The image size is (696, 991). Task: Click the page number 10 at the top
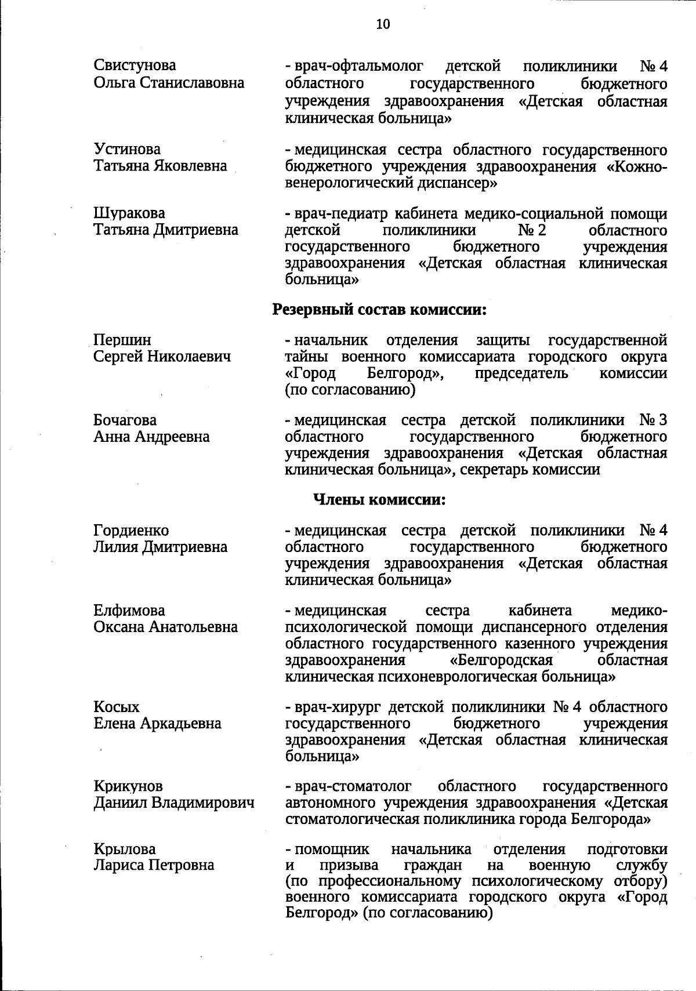(x=383, y=24)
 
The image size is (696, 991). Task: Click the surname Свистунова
(x=135, y=66)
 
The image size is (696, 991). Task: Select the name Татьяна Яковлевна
(x=160, y=166)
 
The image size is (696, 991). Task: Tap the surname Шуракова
(x=129, y=213)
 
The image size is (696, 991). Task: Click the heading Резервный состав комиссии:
(x=379, y=310)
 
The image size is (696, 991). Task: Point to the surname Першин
(x=122, y=340)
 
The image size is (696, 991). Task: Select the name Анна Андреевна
(x=151, y=436)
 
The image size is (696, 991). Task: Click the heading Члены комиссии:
(x=379, y=499)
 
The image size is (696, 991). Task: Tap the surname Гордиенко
(x=131, y=531)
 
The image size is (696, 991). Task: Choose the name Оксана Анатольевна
(x=165, y=627)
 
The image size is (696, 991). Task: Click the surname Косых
(x=117, y=707)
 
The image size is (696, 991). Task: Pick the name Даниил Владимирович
(x=174, y=803)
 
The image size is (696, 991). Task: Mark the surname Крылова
(x=125, y=849)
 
